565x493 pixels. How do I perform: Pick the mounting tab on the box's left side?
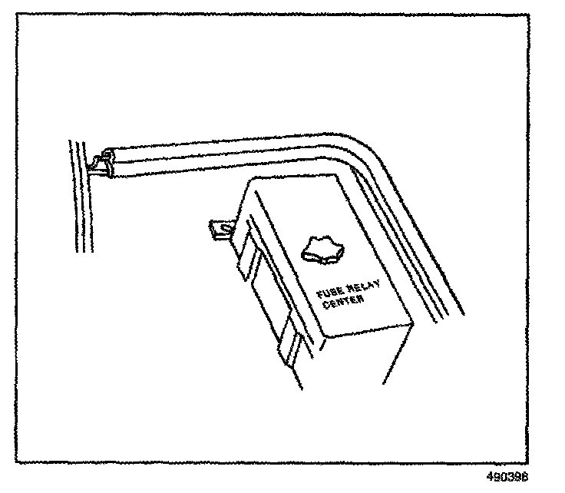[x=219, y=227]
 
